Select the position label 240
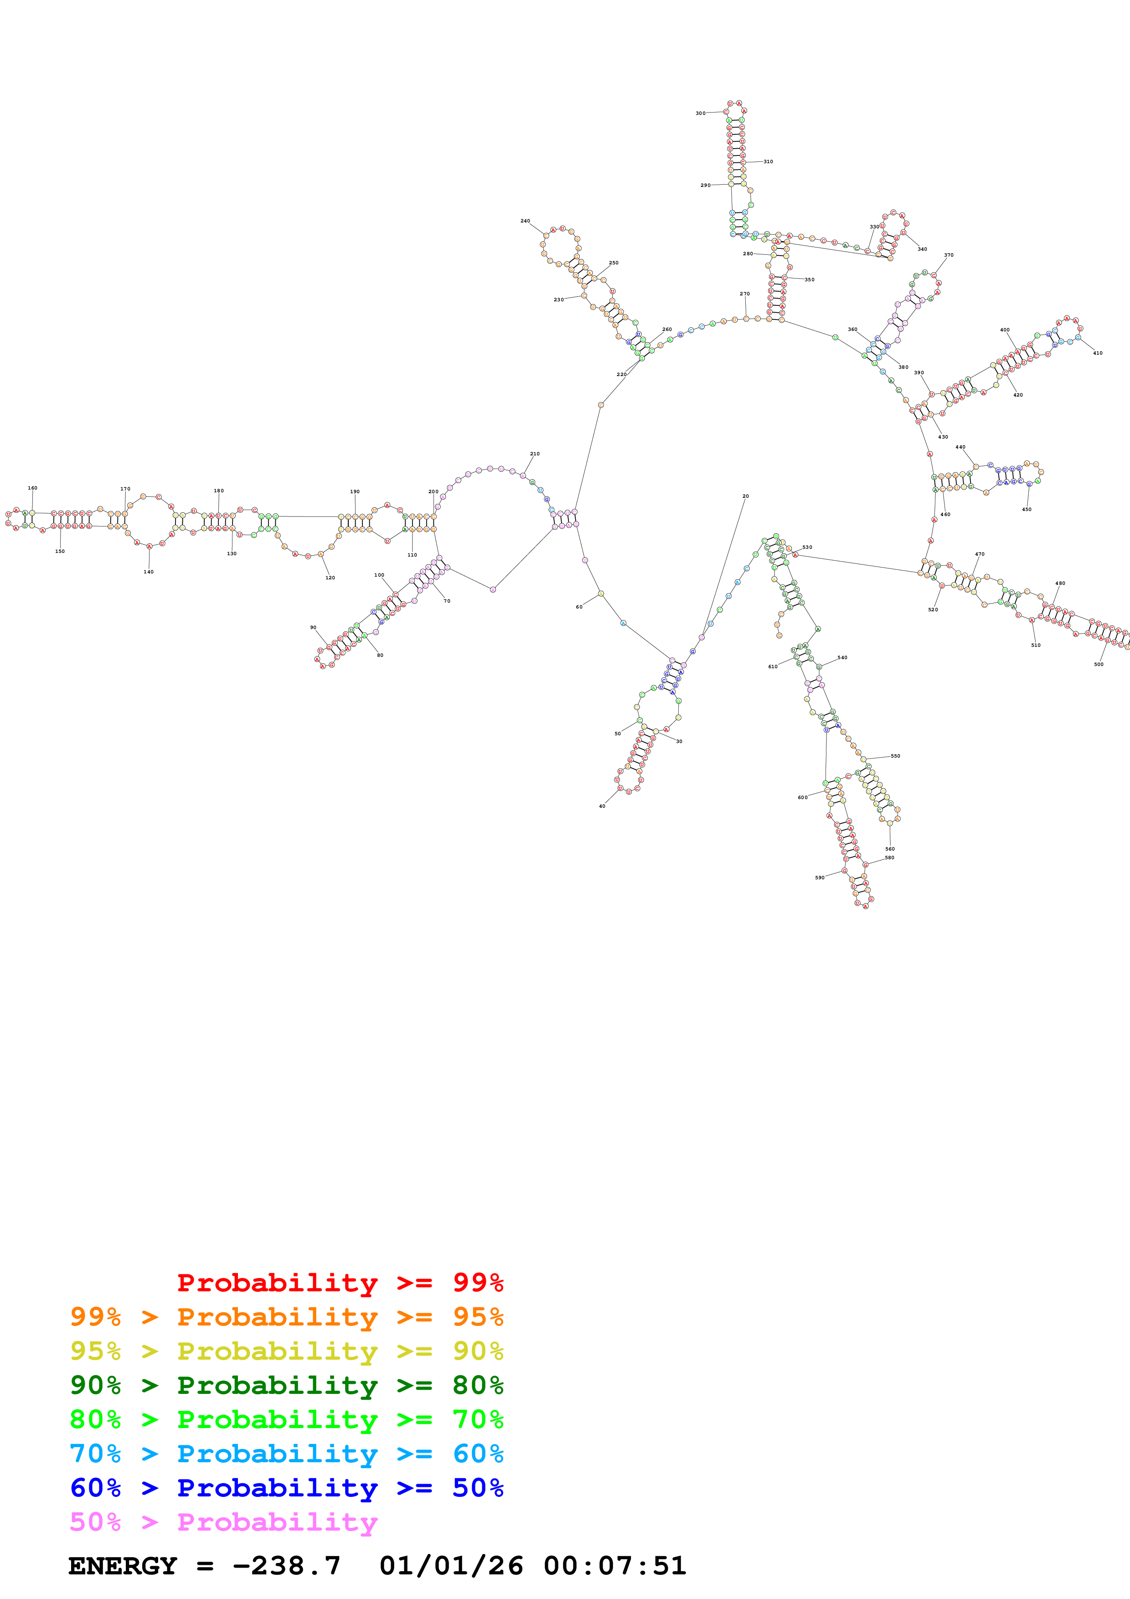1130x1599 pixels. click(x=525, y=221)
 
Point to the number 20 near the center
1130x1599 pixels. click(x=745, y=496)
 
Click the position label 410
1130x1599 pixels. click(x=1097, y=353)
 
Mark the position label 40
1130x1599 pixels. click(x=602, y=806)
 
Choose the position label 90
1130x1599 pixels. click(x=313, y=628)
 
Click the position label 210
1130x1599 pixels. click(x=535, y=454)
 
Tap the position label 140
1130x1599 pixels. click(x=148, y=572)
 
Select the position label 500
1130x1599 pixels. click(x=1098, y=665)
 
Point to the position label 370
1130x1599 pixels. click(x=948, y=255)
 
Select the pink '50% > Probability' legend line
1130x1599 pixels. click(x=223, y=1522)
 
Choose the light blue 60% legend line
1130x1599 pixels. click(x=286, y=1454)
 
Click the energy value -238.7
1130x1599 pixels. click(x=286, y=1566)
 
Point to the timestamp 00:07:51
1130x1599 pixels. click(x=615, y=1566)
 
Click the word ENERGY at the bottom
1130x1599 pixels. click(x=123, y=1566)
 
